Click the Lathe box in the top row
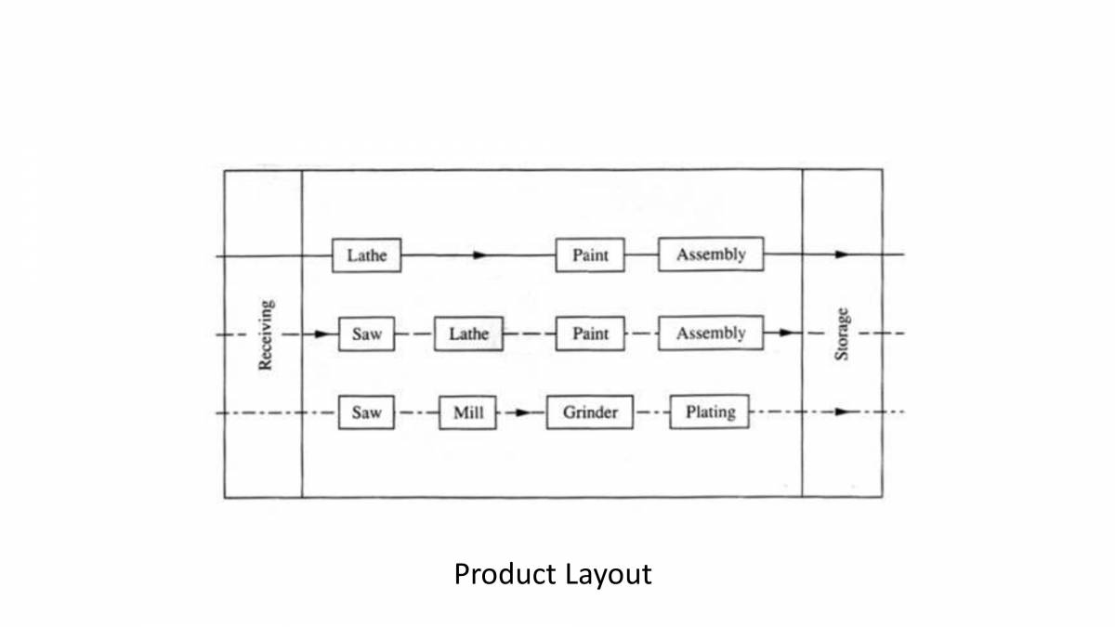[366, 255]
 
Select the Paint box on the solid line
[590, 255]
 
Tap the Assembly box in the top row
[711, 255]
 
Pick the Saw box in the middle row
[366, 334]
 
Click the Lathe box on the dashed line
[468, 334]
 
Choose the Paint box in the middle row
[590, 334]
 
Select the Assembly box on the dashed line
[711, 333]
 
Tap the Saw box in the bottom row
[366, 413]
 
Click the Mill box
[468, 413]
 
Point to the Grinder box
[590, 413]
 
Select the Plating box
[710, 412]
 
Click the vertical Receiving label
[265, 334]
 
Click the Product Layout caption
[553, 574]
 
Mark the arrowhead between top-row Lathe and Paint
[479, 255]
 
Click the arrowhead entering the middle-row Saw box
[321, 333]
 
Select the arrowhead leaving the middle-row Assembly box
[785, 333]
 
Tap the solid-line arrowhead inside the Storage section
[841, 254]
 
